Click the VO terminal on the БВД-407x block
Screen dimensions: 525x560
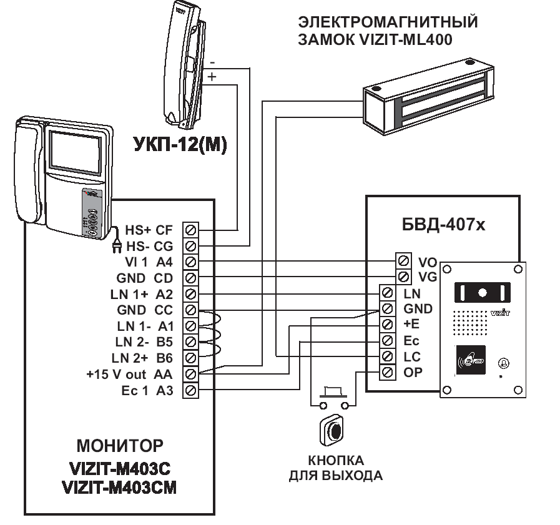click(403, 260)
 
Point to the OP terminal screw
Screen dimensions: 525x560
click(388, 373)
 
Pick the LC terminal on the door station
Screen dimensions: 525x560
click(388, 357)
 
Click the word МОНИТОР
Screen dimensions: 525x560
click(120, 446)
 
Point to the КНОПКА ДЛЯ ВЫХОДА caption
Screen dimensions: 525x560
click(335, 468)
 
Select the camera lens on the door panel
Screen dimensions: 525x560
click(483, 292)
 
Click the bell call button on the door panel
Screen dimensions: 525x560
click(503, 363)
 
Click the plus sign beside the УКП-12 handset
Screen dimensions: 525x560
click(212, 77)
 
